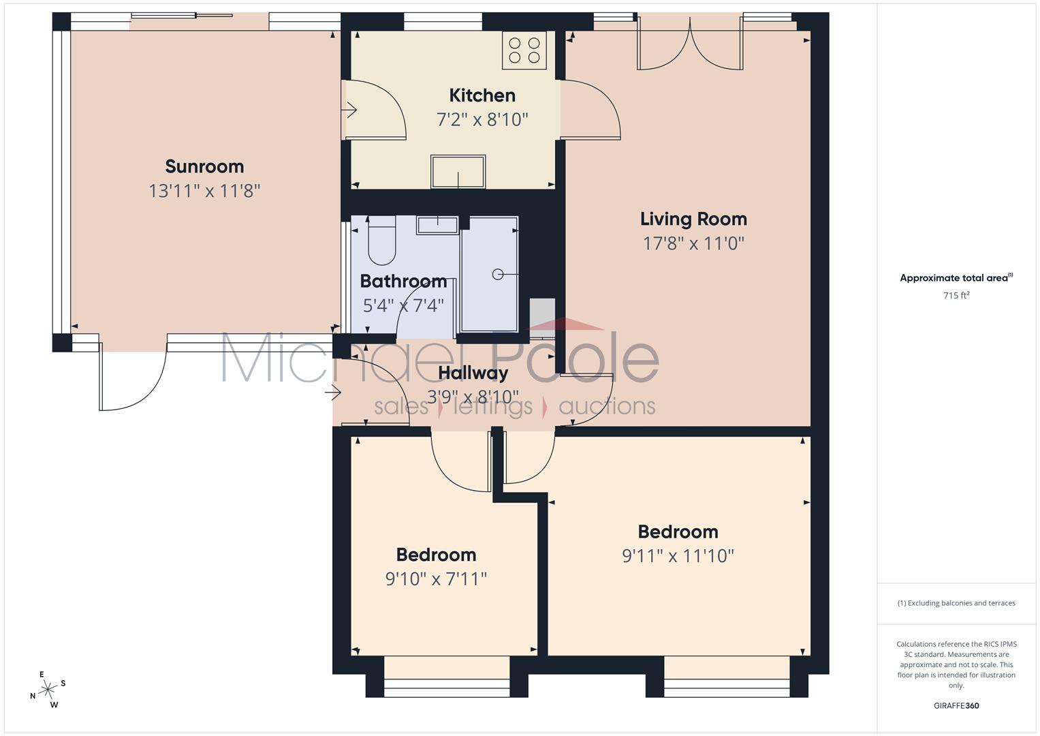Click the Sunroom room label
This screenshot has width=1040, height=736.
click(x=204, y=166)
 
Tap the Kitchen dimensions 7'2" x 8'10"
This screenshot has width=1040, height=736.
click(x=482, y=119)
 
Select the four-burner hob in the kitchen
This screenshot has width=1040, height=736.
click(x=524, y=50)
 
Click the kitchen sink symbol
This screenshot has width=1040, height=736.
click(x=458, y=172)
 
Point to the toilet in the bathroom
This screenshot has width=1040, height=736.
click(x=381, y=240)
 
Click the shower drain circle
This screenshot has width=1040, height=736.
click(x=498, y=275)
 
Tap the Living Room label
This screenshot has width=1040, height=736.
click(x=693, y=219)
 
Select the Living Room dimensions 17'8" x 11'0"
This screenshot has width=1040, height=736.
click(x=693, y=243)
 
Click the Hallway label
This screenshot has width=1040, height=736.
click(x=473, y=373)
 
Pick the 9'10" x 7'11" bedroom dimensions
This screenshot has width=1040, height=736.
click(x=436, y=579)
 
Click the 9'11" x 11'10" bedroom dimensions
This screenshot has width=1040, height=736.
click(x=678, y=555)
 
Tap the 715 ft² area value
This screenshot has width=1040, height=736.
click(x=956, y=295)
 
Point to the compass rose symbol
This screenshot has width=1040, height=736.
click(x=48, y=690)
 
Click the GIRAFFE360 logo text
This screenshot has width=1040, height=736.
click(x=956, y=705)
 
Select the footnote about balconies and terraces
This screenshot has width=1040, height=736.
click(x=956, y=603)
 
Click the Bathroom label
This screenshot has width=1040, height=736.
click(x=403, y=281)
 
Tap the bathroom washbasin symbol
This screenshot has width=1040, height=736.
click(x=437, y=225)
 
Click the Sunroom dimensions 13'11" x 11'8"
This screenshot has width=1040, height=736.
click(x=204, y=191)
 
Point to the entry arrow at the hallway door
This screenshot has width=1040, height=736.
click(x=333, y=393)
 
